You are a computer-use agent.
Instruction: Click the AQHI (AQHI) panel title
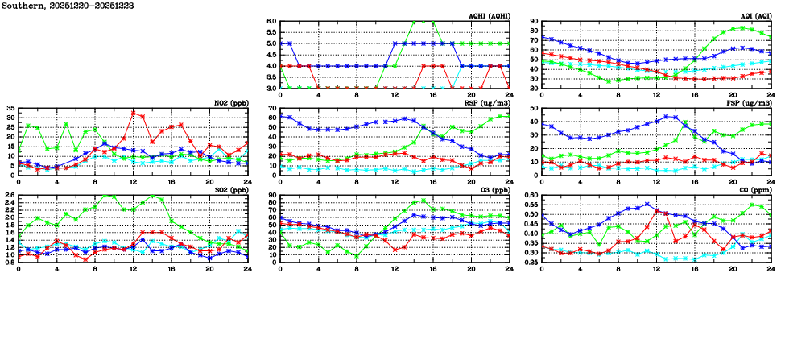(488, 16)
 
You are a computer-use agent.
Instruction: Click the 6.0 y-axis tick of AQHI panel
(271, 22)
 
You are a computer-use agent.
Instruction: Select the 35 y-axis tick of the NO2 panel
(10, 108)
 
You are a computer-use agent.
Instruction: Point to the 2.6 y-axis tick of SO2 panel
(10, 196)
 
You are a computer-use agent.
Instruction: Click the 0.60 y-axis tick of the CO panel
(529, 196)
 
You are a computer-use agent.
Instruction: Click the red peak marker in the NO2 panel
(133, 114)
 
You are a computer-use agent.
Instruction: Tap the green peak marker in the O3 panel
(423, 201)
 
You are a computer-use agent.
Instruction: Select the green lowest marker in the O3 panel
(357, 257)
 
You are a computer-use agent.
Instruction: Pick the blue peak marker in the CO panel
(647, 204)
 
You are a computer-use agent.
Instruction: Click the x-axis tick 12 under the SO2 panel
(133, 269)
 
